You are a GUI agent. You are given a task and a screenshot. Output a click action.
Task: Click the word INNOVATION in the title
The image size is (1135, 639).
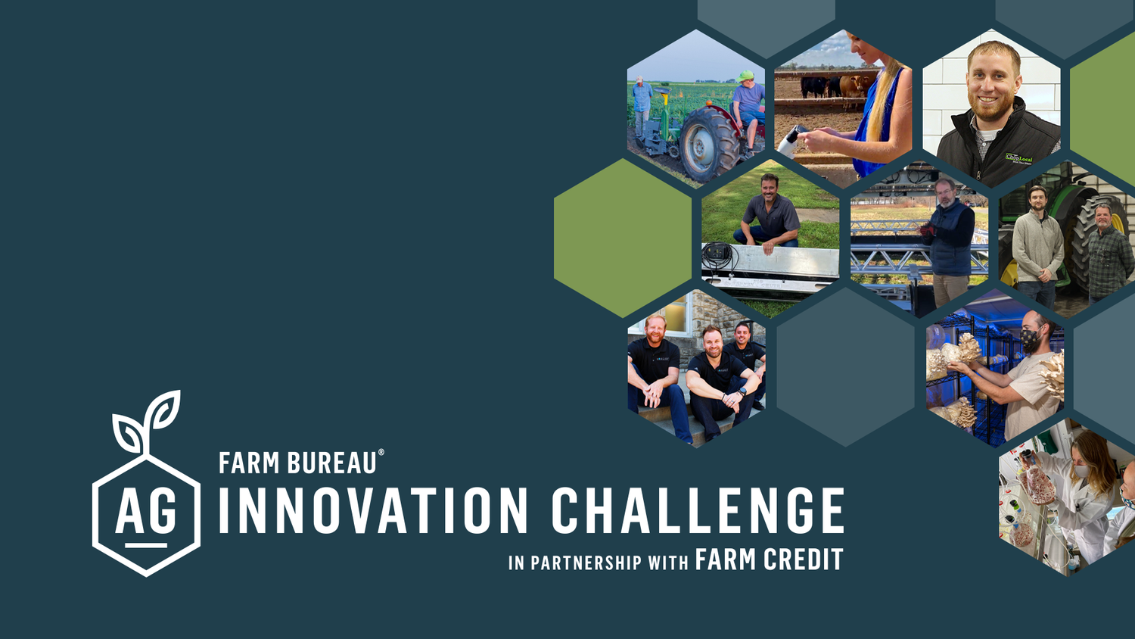pyautogui.click(x=373, y=510)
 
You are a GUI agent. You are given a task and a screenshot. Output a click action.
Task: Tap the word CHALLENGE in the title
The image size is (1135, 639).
pyautogui.click(x=697, y=510)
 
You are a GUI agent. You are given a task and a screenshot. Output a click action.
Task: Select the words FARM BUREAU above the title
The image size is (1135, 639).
pyautogui.click(x=297, y=463)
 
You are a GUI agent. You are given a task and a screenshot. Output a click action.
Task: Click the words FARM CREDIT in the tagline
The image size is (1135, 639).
pyautogui.click(x=769, y=560)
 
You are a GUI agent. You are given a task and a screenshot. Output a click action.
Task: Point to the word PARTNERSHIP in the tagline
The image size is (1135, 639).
pyautogui.click(x=586, y=563)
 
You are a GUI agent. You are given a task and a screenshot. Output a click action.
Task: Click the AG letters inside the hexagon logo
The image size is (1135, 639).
pyautogui.click(x=146, y=513)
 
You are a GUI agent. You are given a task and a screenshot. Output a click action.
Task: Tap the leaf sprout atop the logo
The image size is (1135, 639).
pyautogui.click(x=148, y=422)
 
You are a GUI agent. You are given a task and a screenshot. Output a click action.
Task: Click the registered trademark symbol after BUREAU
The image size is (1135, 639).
pyautogui.click(x=381, y=453)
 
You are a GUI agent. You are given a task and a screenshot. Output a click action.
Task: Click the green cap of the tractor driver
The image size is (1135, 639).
pyautogui.click(x=745, y=76)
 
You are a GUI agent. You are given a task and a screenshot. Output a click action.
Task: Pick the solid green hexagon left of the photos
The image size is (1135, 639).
pyautogui.click(x=622, y=238)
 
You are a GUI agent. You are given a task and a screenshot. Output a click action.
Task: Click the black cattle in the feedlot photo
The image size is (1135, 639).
pyautogui.click(x=816, y=86)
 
